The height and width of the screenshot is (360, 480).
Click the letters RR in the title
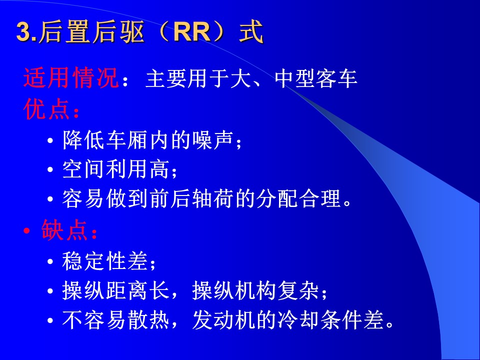[192, 32]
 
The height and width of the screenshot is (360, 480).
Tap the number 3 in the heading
[23, 32]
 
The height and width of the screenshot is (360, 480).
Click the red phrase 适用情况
[71, 78]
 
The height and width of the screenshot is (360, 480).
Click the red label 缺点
[64, 229]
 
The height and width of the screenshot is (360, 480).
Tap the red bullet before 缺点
[27, 230]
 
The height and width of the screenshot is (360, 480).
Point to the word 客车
[336, 78]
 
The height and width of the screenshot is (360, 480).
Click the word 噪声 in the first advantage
[213, 140]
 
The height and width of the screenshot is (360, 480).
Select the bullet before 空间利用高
[50, 169]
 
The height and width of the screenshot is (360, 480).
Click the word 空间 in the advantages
[82, 169]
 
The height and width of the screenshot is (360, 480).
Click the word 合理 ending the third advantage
[320, 198]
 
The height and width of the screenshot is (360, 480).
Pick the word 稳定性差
[104, 261]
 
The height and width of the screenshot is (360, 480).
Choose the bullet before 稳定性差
[50, 261]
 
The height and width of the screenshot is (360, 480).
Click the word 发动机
[224, 320]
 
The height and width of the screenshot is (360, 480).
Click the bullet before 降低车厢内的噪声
[50, 141]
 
